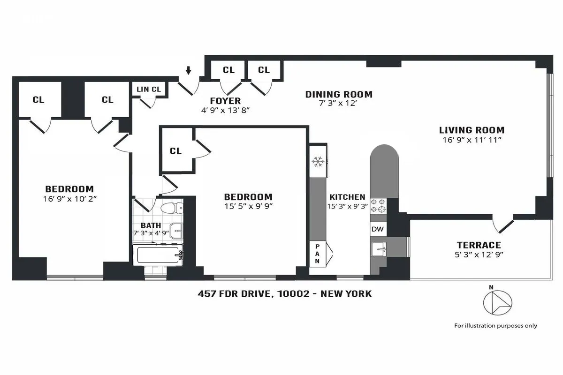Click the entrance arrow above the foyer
point(188,70)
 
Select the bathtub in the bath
point(157,255)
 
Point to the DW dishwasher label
point(377,229)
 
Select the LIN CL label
point(149,89)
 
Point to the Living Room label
point(472,130)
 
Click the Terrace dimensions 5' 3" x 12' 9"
point(479,255)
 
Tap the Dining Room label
point(339,94)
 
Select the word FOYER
point(225,101)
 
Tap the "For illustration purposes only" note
point(495,325)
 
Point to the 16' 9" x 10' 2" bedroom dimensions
point(69,198)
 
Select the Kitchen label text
point(347,197)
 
